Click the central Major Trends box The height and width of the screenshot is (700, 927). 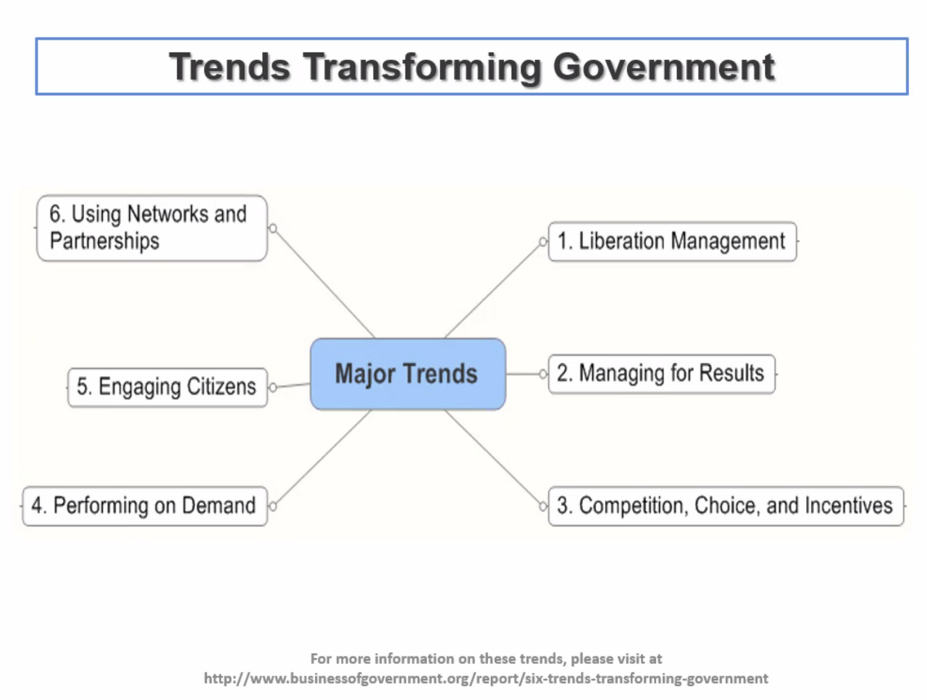click(408, 374)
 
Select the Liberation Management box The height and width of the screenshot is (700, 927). click(672, 241)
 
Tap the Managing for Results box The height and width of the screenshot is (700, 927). click(661, 374)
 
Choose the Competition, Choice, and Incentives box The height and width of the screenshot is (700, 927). click(726, 506)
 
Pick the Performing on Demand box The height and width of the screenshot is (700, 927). click(145, 506)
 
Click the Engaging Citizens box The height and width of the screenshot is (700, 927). click(168, 388)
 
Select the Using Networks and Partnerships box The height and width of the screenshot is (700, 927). click(152, 228)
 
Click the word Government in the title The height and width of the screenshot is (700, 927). click(664, 67)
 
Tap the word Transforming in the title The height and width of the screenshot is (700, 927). click(422, 67)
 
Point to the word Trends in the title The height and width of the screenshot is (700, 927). click(230, 67)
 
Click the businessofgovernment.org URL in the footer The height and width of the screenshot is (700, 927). click(486, 678)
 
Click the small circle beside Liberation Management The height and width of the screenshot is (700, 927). click(543, 241)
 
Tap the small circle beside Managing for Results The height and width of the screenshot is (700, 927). click(543, 374)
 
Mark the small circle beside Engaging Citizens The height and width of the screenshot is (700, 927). click(273, 388)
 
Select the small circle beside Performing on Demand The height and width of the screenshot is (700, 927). click(273, 506)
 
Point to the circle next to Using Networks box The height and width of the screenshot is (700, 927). click(273, 228)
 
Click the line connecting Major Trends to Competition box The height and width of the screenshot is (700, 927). click(492, 457)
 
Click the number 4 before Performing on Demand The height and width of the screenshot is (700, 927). click(37, 505)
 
